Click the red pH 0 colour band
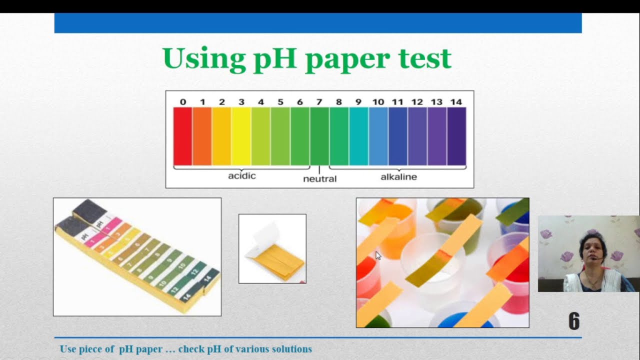point(182,136)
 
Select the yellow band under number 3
point(241,136)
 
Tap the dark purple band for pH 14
point(456,136)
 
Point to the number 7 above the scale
point(319,102)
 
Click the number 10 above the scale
point(378,102)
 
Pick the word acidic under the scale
point(242,176)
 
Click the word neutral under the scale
point(320,178)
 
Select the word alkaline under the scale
point(398,176)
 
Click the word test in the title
point(425,59)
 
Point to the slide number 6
point(574,321)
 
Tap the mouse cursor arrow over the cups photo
point(378,255)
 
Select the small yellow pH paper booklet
point(273,255)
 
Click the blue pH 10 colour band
point(378,136)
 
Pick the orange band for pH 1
point(202,136)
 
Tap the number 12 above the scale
point(417,102)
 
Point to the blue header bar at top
point(318,23)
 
